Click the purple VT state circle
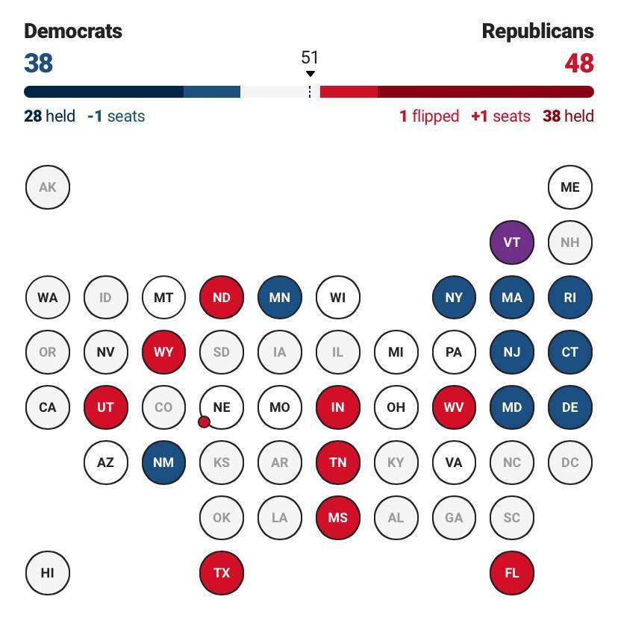click(x=511, y=242)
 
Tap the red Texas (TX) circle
click(x=222, y=573)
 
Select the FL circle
click(x=511, y=573)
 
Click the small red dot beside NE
click(x=204, y=422)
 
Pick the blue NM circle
click(x=163, y=463)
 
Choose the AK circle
click(x=47, y=187)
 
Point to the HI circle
click(x=47, y=573)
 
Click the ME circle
click(x=569, y=187)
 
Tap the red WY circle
click(x=163, y=352)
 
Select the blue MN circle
click(x=279, y=298)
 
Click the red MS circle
click(x=337, y=518)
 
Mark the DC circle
click(x=569, y=463)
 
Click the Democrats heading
click(x=73, y=31)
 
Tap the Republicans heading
click(x=537, y=31)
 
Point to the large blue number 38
click(x=38, y=63)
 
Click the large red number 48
click(x=579, y=63)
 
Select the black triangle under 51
click(x=310, y=74)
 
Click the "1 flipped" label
click(x=429, y=116)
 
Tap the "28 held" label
click(x=49, y=116)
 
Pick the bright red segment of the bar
click(x=349, y=92)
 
